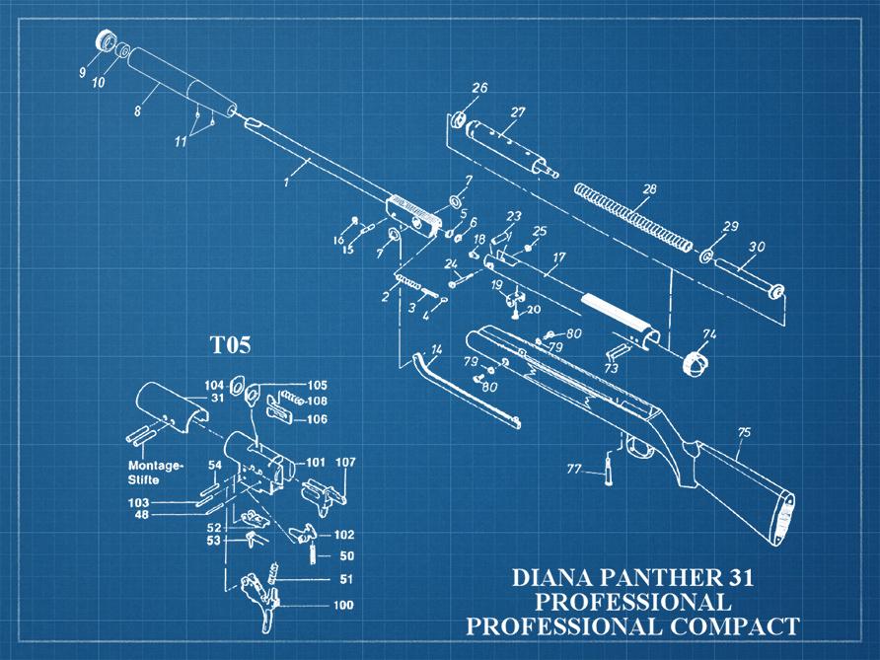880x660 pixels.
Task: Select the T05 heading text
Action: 229,345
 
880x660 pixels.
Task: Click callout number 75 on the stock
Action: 743,432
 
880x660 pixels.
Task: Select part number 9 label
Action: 83,71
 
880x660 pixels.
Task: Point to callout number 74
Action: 708,333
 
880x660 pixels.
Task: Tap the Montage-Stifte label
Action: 155,472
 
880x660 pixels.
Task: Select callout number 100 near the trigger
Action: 344,605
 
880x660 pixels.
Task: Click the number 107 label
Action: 345,462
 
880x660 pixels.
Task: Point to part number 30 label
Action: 757,247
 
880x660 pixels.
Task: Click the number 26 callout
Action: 479,88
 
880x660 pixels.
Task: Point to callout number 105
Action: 317,385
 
